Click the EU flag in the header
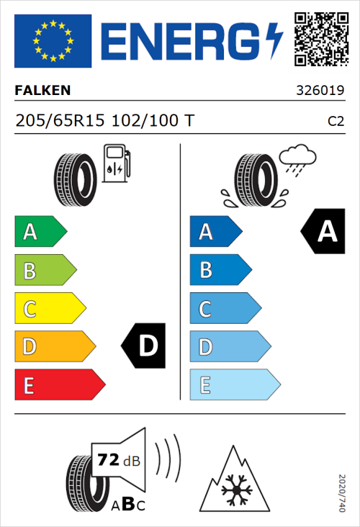[53, 41]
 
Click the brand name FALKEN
[42, 91]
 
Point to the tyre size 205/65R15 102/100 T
[104, 121]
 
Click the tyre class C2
[336, 122]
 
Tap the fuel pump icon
[116, 163]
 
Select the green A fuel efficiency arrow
[40, 232]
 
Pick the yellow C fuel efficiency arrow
[49, 309]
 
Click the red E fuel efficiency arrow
[59, 385]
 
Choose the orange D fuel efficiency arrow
[54, 347]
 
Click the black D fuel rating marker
[145, 346]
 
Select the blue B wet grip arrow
[220, 270]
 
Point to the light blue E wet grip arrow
[234, 385]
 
